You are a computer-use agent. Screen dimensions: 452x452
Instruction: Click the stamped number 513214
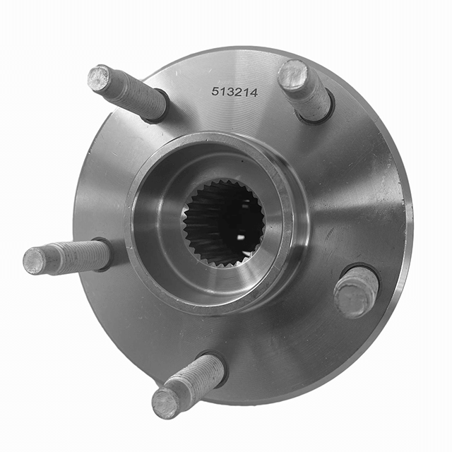coord(234,93)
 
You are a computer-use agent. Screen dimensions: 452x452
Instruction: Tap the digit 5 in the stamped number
coord(215,91)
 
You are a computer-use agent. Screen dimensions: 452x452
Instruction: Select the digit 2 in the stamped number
coord(238,93)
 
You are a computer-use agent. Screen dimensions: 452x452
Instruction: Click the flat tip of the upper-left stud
coord(99,77)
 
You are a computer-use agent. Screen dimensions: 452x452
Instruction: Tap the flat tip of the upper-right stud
coord(292,73)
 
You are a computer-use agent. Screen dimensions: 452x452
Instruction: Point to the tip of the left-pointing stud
coord(34,261)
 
